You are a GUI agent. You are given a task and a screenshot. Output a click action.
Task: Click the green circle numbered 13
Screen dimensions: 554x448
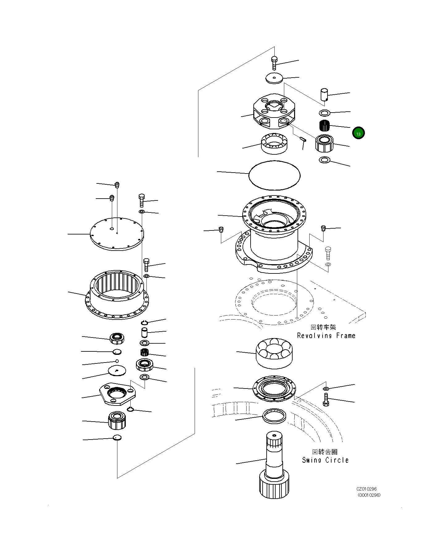pyautogui.click(x=358, y=133)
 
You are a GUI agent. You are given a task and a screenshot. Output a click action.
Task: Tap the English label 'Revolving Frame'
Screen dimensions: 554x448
pyautogui.click(x=326, y=336)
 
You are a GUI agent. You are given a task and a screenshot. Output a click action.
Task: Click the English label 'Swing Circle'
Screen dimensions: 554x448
pyautogui.click(x=325, y=460)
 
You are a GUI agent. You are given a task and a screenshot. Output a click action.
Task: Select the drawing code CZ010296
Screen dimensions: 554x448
pyautogui.click(x=366, y=489)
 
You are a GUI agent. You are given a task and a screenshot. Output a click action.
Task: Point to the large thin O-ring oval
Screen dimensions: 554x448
pyautogui.click(x=274, y=175)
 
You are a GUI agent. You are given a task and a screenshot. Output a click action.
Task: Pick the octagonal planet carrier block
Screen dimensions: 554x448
pyautogui.click(x=274, y=111)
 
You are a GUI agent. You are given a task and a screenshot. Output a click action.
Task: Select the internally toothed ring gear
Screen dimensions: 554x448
pyautogui.click(x=117, y=294)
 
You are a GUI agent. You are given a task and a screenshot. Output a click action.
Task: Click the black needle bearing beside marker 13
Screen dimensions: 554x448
pyautogui.click(x=324, y=126)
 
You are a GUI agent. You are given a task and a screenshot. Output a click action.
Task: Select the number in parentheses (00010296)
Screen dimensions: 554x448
pyautogui.click(x=369, y=495)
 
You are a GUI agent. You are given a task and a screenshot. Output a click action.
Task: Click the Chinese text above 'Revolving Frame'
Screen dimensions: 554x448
pyautogui.click(x=323, y=327)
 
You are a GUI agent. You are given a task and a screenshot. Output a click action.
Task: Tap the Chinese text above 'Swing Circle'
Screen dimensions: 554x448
pyautogui.click(x=325, y=452)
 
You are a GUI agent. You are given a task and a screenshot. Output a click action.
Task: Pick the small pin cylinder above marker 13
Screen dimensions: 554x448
pyautogui.click(x=324, y=94)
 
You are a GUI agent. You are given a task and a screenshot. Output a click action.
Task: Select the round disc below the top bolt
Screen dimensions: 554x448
pyautogui.click(x=274, y=78)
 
